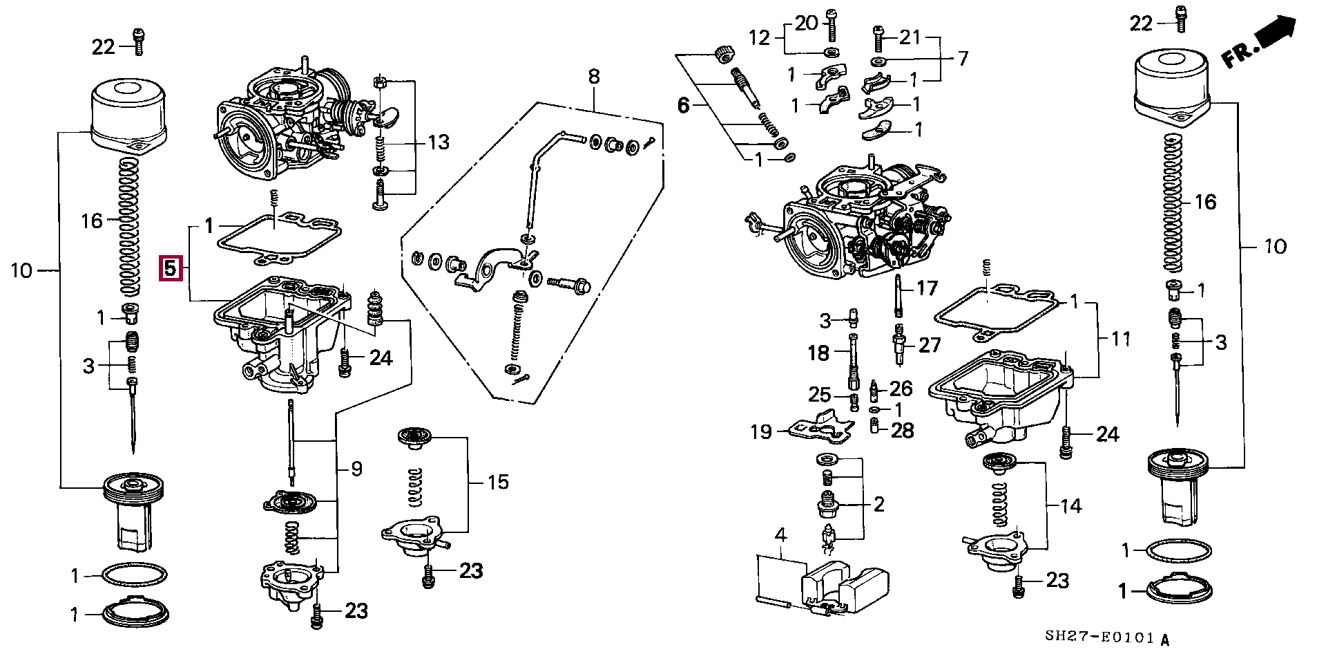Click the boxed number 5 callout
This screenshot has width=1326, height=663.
point(171,269)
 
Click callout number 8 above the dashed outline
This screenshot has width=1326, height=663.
point(595,76)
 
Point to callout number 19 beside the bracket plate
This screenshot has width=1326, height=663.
point(761,432)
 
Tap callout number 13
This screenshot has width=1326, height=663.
point(439,142)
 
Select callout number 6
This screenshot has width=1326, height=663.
point(683,106)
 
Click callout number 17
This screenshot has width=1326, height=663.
point(927,287)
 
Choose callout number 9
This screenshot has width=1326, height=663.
point(356,469)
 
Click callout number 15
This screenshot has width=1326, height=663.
point(498,482)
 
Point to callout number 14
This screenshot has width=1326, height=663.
point(1070,506)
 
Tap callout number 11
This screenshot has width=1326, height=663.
point(1120,339)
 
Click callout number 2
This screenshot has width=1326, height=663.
point(878,504)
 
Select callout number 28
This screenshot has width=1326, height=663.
point(902,430)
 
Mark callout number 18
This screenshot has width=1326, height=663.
point(818,353)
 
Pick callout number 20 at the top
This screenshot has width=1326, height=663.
point(806,23)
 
